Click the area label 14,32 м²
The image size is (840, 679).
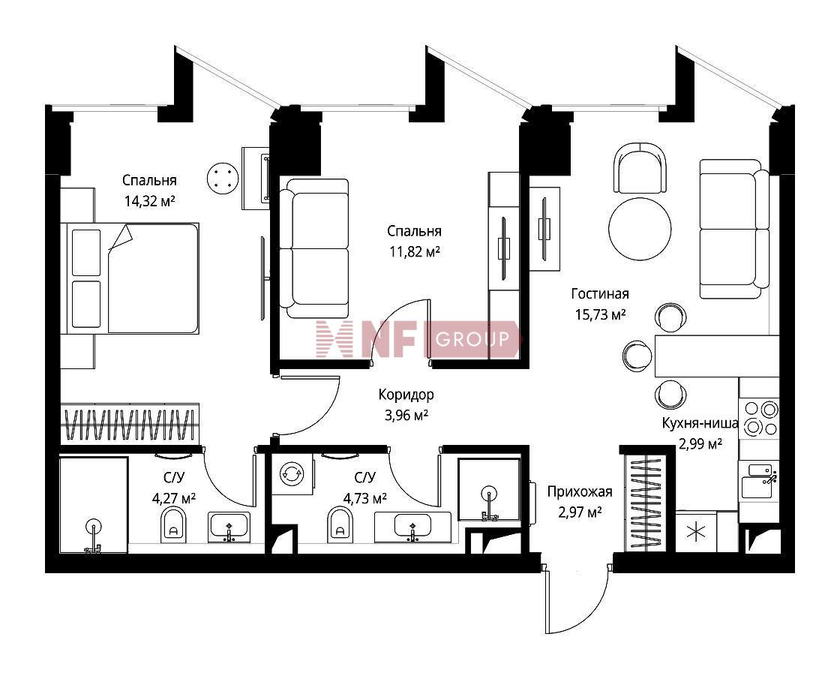pos(149,202)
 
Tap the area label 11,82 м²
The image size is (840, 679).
pos(415,251)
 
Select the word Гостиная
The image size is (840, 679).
pos(600,293)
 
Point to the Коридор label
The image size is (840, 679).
pos(406,395)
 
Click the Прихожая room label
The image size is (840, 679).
pos(580,491)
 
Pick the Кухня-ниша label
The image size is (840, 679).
pos(700,423)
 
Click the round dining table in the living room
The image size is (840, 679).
pos(640,228)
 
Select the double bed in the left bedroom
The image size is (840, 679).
pos(130,278)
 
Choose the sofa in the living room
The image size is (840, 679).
pos(734,229)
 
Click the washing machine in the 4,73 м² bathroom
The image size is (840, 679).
pos(292,473)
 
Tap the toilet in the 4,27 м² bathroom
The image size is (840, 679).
pos(173,524)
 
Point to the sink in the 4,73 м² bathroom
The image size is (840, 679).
pos(412,526)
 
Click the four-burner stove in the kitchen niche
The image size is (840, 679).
pos(760,419)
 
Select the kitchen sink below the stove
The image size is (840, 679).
pos(760,481)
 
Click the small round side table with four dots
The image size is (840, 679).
pos(222,179)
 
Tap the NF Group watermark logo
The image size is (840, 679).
pos(417,339)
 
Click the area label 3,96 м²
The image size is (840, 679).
pos(406,416)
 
